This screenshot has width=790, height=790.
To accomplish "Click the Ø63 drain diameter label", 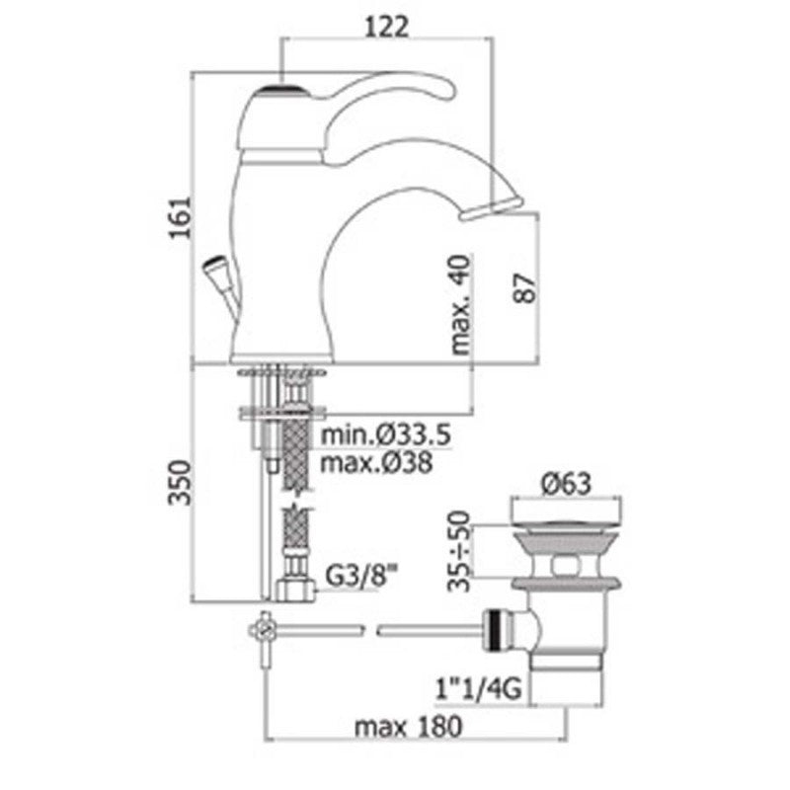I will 566,484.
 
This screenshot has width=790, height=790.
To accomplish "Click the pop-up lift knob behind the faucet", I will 214,267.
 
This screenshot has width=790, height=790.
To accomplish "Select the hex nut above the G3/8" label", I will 294,592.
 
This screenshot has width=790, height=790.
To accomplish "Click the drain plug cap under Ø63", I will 566,513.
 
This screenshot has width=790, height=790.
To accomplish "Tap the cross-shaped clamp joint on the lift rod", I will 264,629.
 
